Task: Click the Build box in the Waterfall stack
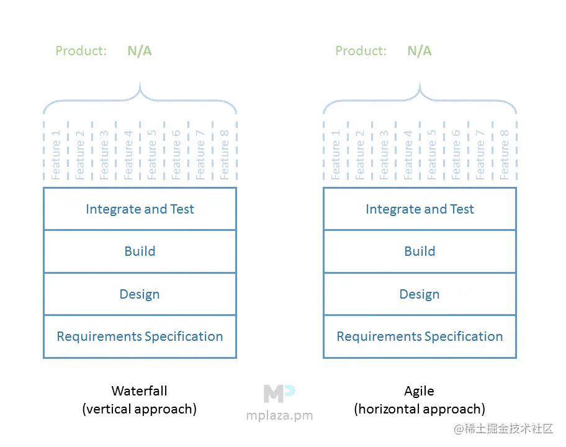[140, 251]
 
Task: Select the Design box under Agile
[420, 294]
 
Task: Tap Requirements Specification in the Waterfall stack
[140, 336]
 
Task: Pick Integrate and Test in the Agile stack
[420, 209]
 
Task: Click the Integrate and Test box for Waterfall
[140, 209]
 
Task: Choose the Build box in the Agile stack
[420, 251]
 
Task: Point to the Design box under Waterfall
[140, 294]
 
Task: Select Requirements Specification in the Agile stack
[420, 336]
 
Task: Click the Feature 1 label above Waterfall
[56, 155]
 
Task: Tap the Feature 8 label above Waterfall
[225, 155]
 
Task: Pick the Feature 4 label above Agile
[408, 155]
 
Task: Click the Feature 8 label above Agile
[505, 155]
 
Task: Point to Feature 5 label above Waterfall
[152, 155]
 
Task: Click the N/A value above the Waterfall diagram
[140, 51]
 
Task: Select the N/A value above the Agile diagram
[420, 51]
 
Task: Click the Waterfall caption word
[139, 391]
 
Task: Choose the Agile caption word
[420, 391]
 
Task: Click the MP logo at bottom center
[279, 393]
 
